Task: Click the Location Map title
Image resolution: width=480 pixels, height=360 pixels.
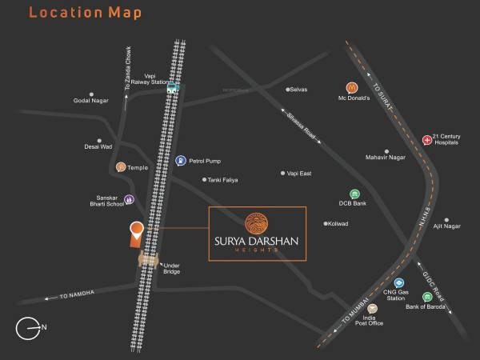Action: pos(75,14)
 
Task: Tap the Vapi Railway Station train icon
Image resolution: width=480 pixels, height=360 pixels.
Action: pos(172,90)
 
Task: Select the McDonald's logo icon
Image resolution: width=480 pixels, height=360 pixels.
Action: pos(350,87)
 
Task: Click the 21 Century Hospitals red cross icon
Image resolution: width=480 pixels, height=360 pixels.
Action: pos(426,141)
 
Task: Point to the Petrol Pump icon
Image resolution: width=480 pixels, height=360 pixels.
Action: pos(181,160)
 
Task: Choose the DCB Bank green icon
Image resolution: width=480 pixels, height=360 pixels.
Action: pos(354,194)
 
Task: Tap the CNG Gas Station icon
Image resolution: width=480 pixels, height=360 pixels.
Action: pos(398,283)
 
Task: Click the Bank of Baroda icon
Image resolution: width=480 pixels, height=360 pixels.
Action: pos(406,297)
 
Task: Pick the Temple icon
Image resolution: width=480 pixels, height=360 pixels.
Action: pos(120,167)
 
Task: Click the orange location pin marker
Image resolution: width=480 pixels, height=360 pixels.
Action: pos(137,232)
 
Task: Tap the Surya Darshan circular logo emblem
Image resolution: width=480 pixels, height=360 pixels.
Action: pos(257,222)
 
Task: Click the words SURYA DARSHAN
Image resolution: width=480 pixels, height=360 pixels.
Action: pos(257,240)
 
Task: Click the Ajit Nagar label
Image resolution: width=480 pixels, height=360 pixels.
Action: pos(447,226)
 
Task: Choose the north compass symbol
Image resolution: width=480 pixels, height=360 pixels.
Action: pos(29,326)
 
